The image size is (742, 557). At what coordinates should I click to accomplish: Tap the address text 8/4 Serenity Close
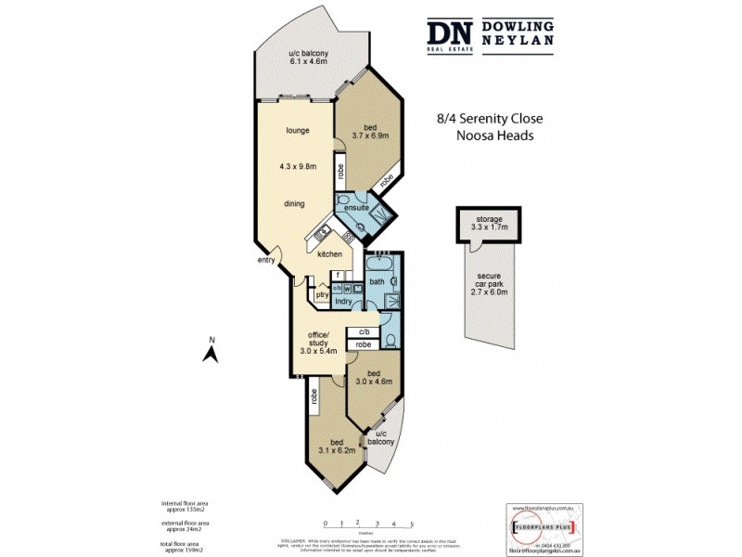click(x=489, y=119)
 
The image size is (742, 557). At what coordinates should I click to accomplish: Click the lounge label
click(x=297, y=130)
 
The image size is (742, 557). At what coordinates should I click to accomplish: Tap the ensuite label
click(x=358, y=208)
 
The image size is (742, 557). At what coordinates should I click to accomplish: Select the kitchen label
click(x=329, y=254)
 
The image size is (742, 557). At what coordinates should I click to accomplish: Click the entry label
click(x=267, y=261)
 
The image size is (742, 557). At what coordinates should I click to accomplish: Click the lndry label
click(x=342, y=301)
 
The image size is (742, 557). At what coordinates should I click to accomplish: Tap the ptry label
click(x=321, y=295)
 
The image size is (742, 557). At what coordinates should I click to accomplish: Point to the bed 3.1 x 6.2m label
click(x=333, y=447)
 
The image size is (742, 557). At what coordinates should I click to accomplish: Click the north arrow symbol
click(x=211, y=351)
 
